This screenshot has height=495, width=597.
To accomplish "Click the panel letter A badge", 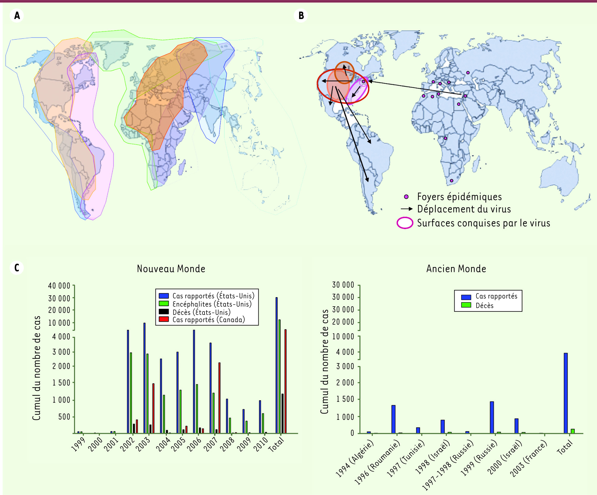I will pyautogui.click(x=17, y=15).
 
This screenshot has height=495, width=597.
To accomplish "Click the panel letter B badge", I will pyautogui.click(x=301, y=15).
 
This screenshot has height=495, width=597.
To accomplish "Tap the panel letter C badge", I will pyautogui.click(x=17, y=268).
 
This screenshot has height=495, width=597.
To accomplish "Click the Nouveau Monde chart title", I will pyautogui.click(x=171, y=269).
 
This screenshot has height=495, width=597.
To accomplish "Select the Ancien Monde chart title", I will pyautogui.click(x=456, y=269).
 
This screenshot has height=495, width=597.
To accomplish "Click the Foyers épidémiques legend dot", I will pyautogui.click(x=406, y=197).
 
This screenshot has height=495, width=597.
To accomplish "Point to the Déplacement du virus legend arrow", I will pyautogui.click(x=406, y=209).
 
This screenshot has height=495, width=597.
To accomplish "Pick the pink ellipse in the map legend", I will pyautogui.click(x=405, y=223).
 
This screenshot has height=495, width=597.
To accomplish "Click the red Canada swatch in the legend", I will pyautogui.click(x=164, y=319).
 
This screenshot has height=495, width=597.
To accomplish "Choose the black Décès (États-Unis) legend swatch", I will pyautogui.click(x=164, y=312).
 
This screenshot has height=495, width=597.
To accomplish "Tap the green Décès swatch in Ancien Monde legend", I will pyautogui.click(x=466, y=305).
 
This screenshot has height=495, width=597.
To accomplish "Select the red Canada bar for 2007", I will pyautogui.click(x=219, y=398).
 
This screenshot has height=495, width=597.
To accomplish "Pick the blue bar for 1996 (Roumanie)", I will pyautogui.click(x=393, y=419).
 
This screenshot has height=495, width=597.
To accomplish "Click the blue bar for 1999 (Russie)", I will pyautogui.click(x=492, y=417).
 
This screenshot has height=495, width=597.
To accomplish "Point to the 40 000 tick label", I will pyautogui.click(x=59, y=286).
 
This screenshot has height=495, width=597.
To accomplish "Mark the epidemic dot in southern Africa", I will pyautogui.click(x=451, y=181).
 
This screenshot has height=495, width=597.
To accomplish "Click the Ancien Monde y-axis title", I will pyautogui.click(x=324, y=361).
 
